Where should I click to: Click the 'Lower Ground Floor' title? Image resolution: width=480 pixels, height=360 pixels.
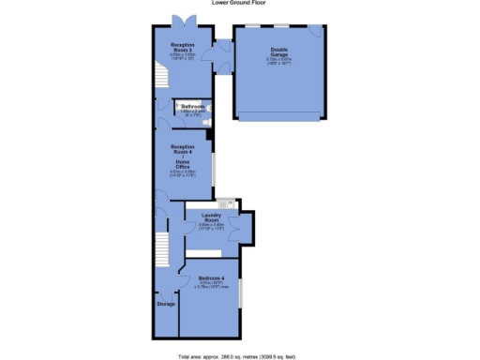point(239,4)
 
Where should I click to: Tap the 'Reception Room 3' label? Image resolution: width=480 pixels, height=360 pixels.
point(182,47)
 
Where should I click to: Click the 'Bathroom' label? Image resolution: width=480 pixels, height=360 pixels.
point(194,106)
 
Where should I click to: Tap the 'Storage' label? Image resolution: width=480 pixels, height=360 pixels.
point(165,304)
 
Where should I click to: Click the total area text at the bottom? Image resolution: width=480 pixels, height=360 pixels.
point(239,355)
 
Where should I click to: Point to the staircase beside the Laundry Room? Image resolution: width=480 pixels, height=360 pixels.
point(161,248)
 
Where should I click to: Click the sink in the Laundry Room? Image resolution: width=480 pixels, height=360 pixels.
point(225,204)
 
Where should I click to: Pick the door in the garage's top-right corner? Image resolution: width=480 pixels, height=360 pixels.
point(319,30)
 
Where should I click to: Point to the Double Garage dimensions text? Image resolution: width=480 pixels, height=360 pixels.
point(279,62)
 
